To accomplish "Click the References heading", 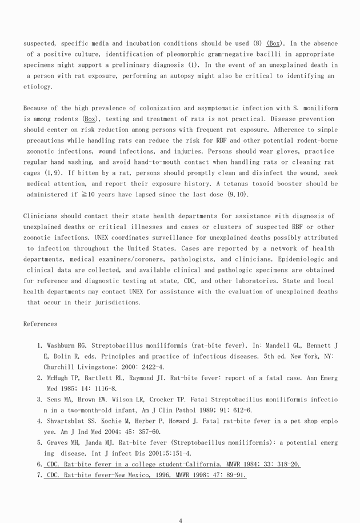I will (40, 324).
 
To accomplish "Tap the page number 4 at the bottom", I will (180, 520).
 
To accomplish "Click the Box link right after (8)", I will (274, 43).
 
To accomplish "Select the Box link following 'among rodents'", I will (90, 119).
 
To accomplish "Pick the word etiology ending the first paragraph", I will (37, 87).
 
